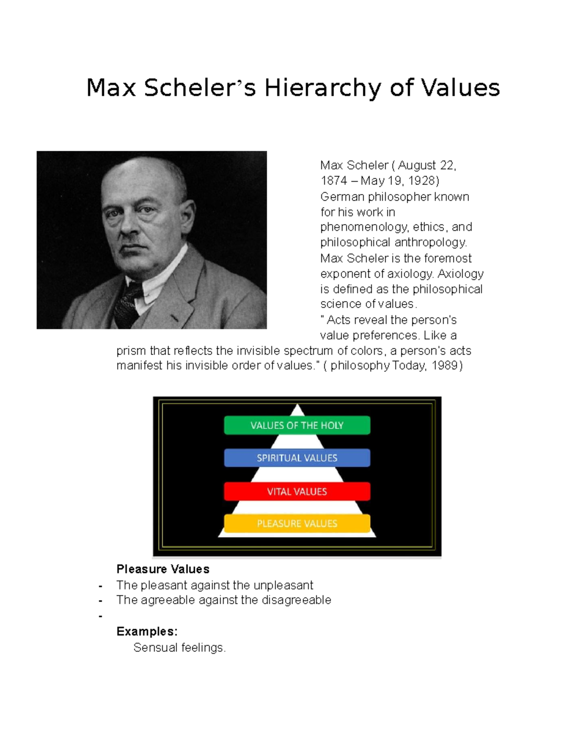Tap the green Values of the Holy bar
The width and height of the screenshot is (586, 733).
click(x=297, y=425)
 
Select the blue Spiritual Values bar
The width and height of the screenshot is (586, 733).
click(x=297, y=458)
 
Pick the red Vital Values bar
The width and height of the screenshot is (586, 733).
click(x=297, y=491)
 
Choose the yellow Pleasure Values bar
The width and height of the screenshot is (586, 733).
click(x=297, y=524)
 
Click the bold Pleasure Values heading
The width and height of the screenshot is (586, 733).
click(x=163, y=569)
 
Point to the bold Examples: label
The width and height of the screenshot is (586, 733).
click(x=146, y=631)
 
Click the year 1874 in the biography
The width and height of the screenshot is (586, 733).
click(x=334, y=181)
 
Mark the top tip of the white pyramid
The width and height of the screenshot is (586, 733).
click(x=297, y=405)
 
